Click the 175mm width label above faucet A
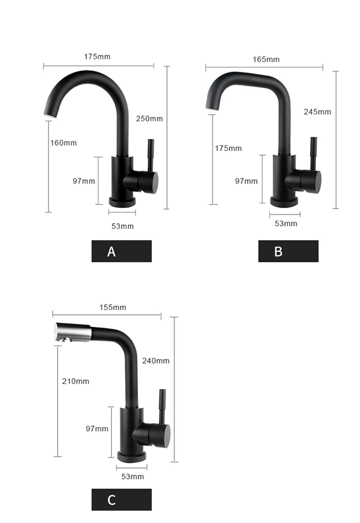pos(97,57)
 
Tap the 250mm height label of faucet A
pos(149,119)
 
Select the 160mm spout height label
pos(63,143)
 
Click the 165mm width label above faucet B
pos(266,60)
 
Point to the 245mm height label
pos(317,112)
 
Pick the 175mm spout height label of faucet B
pos(228,148)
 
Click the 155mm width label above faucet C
pos(113,307)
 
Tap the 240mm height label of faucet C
pos(156,361)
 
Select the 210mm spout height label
pos(76,381)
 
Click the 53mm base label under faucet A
pos(123,227)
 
